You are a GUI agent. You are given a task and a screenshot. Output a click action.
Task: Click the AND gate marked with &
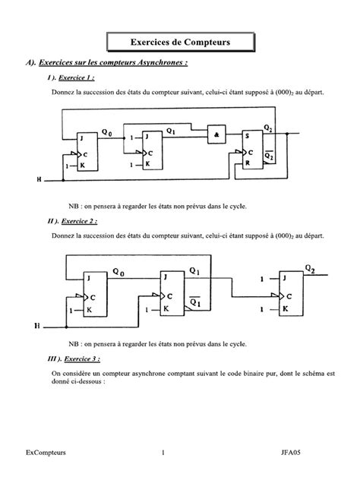(x=217, y=134)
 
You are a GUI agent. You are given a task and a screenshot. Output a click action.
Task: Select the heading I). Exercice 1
(x=71, y=79)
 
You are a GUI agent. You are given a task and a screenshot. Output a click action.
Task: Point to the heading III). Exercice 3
(x=74, y=358)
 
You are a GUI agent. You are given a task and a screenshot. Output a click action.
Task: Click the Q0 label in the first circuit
(x=106, y=132)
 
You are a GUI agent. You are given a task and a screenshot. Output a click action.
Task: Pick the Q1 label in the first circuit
(x=171, y=131)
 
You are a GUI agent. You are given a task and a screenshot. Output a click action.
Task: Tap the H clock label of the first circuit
(x=39, y=181)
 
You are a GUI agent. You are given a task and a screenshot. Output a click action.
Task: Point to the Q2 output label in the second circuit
(x=310, y=268)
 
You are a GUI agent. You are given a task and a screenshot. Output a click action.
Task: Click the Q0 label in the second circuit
(x=118, y=271)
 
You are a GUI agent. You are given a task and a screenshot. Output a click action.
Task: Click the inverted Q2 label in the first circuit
(x=270, y=156)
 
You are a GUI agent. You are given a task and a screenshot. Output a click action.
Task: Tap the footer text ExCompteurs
(x=45, y=453)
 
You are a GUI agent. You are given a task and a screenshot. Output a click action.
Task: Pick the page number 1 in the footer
(x=163, y=453)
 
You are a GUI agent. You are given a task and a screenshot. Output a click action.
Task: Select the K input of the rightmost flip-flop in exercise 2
(x=285, y=309)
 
